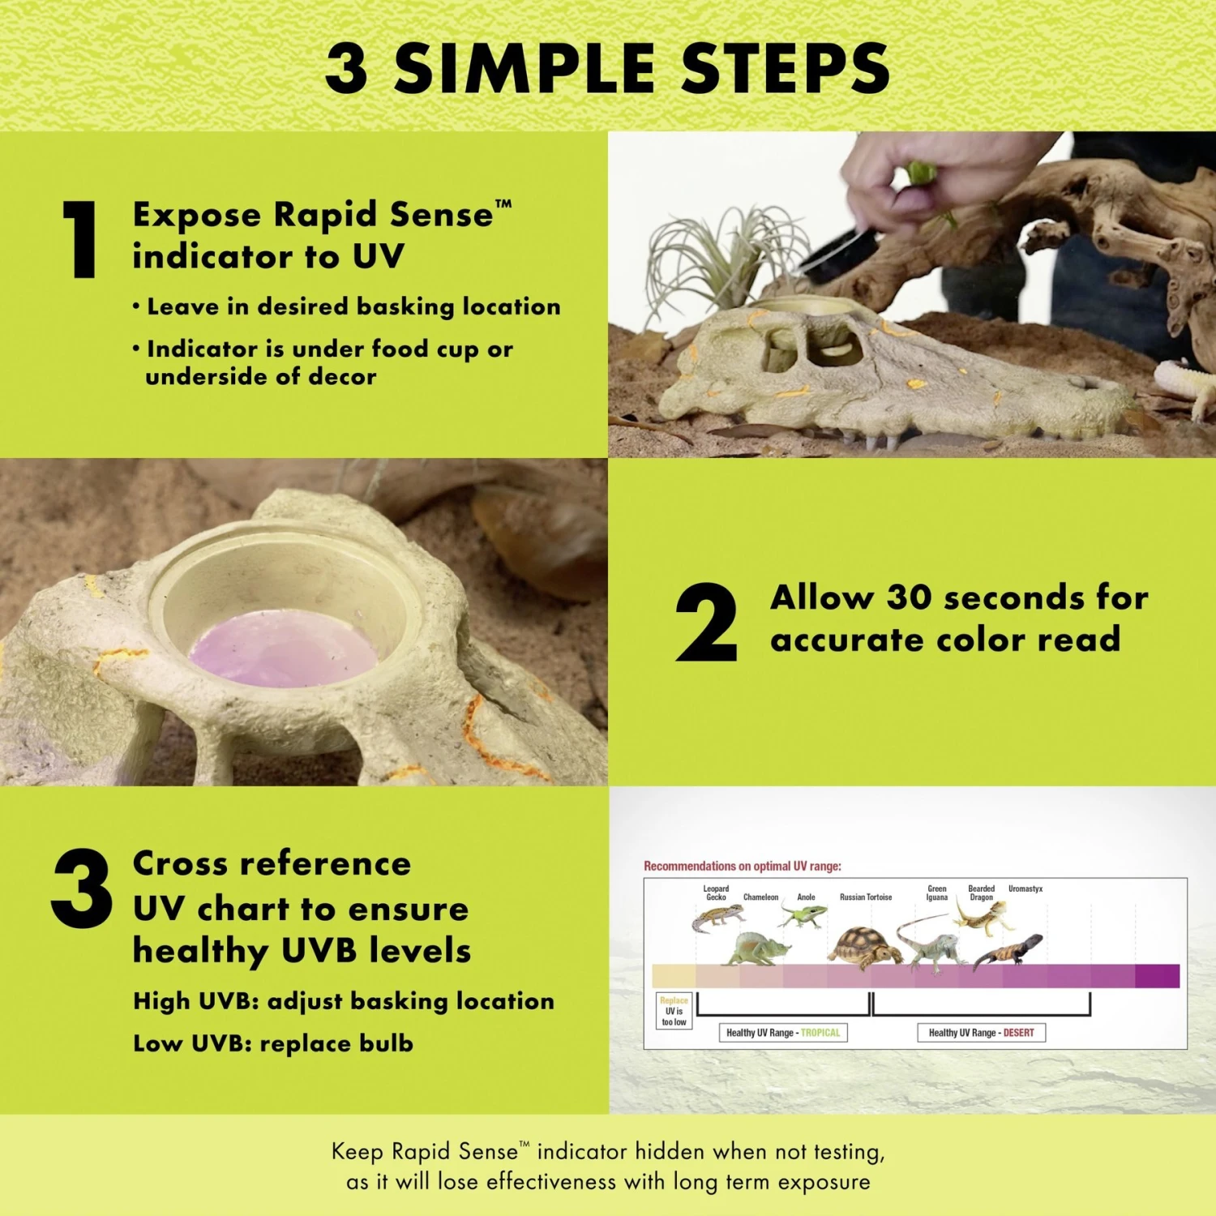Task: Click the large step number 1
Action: (80, 240)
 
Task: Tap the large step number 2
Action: (706, 622)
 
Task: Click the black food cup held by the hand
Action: (840, 255)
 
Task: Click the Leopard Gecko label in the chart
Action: (716, 893)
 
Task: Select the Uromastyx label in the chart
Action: (1025, 888)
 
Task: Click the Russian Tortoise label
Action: (865, 897)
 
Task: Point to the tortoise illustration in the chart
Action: (863, 946)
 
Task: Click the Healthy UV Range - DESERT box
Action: (981, 1033)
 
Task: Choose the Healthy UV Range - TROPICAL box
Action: (782, 1033)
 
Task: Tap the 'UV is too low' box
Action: (674, 1011)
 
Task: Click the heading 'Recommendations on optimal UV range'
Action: (742, 866)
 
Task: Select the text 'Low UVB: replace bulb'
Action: (273, 1043)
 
